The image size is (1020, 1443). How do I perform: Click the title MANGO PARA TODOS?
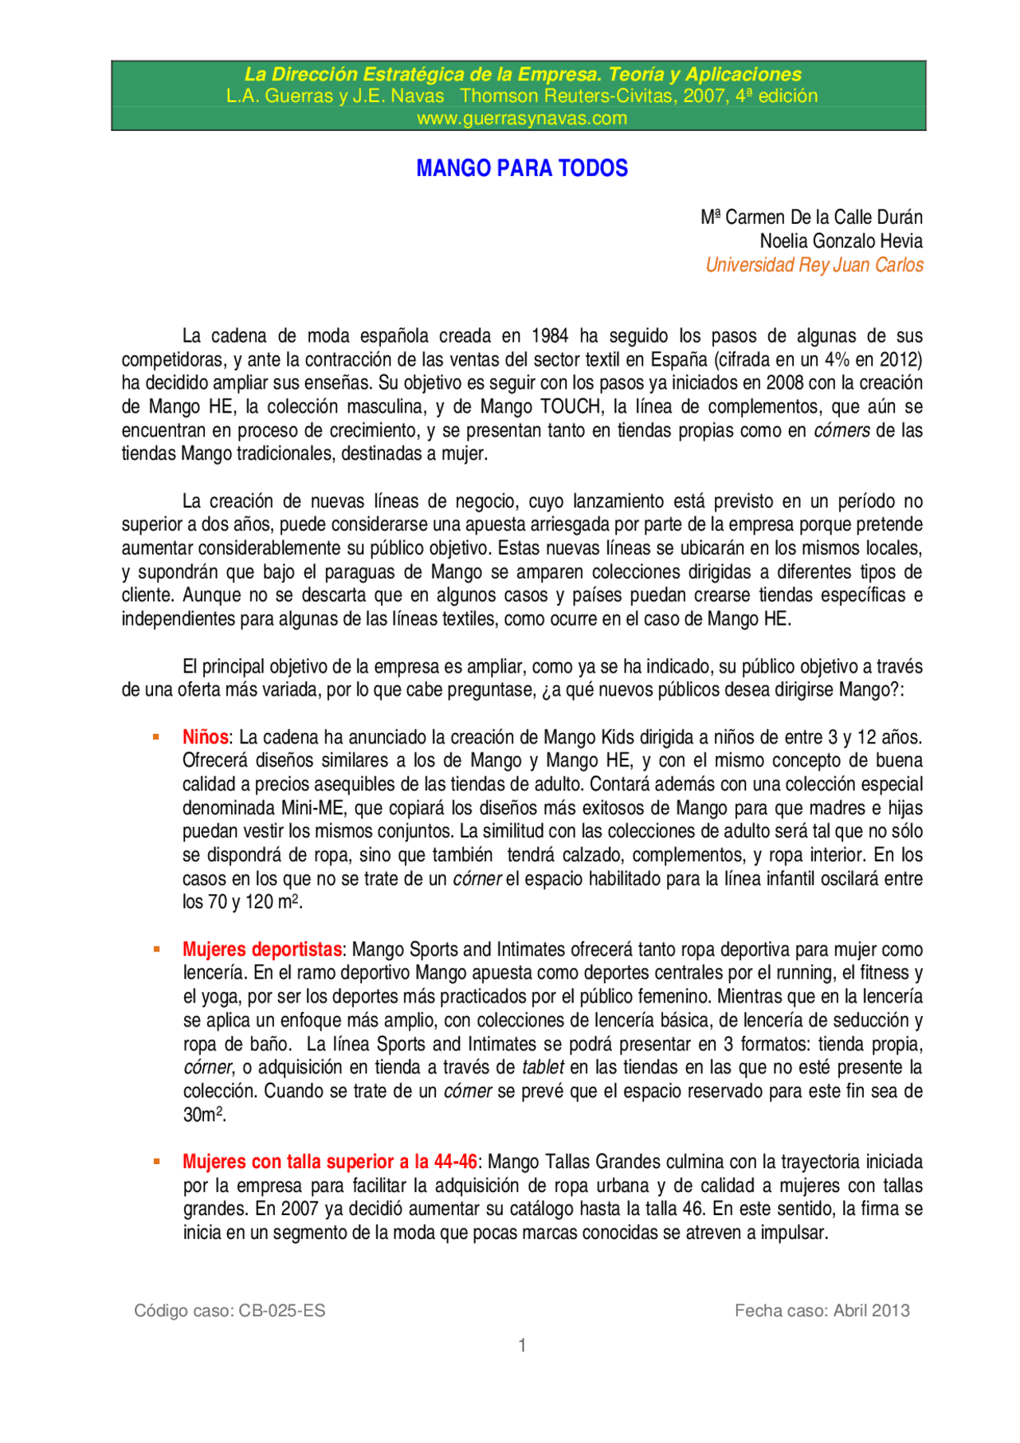(x=522, y=168)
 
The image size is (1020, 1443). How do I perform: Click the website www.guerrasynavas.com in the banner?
(x=522, y=119)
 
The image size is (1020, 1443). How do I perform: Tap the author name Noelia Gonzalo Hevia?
(x=841, y=241)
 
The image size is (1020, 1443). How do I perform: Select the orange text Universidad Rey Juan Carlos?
(x=814, y=265)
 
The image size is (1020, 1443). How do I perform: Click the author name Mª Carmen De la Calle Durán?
(x=811, y=218)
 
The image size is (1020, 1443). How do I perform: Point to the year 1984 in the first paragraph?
(x=549, y=336)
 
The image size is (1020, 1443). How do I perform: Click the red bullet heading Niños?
(x=205, y=737)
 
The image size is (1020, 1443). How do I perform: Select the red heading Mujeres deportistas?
(x=262, y=950)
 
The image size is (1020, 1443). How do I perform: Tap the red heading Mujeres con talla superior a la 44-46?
(x=330, y=1162)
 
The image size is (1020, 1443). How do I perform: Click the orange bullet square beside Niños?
(x=156, y=737)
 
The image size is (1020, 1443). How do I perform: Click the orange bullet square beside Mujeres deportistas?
(x=156, y=950)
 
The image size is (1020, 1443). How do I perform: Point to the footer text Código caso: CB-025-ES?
(x=229, y=1311)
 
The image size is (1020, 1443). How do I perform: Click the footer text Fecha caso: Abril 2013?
(x=822, y=1311)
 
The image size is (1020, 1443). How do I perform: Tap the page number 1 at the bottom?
(x=522, y=1346)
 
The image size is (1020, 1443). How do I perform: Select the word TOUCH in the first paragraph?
(x=571, y=407)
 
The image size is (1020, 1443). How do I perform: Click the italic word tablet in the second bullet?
(x=543, y=1068)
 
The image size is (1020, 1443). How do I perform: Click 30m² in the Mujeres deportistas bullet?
(x=204, y=1115)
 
